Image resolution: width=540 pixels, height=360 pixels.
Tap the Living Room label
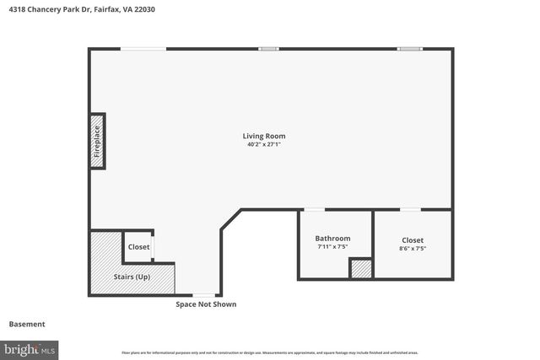[x=264, y=136]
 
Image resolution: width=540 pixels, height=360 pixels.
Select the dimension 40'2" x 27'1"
[x=264, y=144]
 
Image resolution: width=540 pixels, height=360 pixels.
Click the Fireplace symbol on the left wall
[x=97, y=142]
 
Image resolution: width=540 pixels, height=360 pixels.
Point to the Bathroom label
[x=332, y=239]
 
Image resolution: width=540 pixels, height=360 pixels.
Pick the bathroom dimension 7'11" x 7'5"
[x=332, y=247]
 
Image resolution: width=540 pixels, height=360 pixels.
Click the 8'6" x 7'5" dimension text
[x=413, y=249]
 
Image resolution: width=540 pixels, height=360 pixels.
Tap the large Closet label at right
[x=413, y=240]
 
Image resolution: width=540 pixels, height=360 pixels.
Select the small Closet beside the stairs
[x=138, y=247]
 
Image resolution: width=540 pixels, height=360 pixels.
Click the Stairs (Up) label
[x=132, y=277]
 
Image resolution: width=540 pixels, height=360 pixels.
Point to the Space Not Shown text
[x=206, y=304]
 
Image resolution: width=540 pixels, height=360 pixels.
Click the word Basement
[x=27, y=324]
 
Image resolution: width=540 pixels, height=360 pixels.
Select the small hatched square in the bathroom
[x=361, y=269]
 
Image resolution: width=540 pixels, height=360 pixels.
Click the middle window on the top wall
[x=268, y=49]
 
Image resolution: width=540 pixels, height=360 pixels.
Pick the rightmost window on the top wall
[x=409, y=49]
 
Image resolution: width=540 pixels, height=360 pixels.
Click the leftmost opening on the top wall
[x=143, y=49]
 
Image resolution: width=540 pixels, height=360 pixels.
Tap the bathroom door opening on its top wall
[x=314, y=210]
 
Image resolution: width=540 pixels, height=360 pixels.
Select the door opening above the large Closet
[x=410, y=210]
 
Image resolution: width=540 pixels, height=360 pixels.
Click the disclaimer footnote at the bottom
[x=270, y=352]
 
